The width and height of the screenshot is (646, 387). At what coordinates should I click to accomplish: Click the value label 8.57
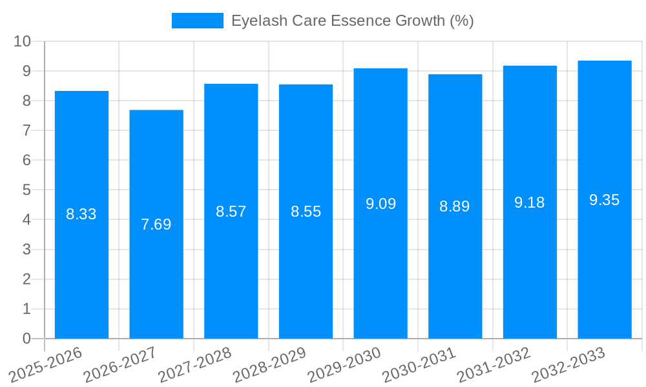[x=231, y=212]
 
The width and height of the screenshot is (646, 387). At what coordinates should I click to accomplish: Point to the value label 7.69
[x=156, y=224]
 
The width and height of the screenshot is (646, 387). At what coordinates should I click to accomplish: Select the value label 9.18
[x=530, y=203]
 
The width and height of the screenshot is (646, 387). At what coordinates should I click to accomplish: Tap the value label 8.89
[x=455, y=206]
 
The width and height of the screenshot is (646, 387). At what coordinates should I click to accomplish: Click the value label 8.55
[x=306, y=212]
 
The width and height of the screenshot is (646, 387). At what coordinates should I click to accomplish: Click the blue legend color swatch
[x=197, y=21]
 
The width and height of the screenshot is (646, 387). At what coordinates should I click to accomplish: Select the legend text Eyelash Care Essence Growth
[x=352, y=21]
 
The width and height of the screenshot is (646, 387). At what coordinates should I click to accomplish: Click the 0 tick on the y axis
[x=26, y=339]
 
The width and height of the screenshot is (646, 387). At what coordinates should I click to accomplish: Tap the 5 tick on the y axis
[x=26, y=190]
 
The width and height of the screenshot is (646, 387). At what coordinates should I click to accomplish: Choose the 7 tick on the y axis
[x=26, y=131]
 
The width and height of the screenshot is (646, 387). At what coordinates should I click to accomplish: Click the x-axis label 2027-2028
[x=195, y=365]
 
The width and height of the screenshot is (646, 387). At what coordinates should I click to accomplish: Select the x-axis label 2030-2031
[x=419, y=365]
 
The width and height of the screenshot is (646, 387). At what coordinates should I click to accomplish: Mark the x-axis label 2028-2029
[x=270, y=365]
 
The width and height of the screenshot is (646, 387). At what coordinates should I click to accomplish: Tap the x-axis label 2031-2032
[x=494, y=365]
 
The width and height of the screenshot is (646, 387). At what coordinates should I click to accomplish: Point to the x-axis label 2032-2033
[x=568, y=365]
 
